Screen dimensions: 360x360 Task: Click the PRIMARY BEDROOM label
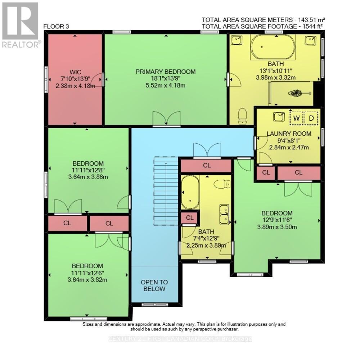165,72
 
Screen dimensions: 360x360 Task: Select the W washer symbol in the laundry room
297,118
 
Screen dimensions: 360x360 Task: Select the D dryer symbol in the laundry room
311,118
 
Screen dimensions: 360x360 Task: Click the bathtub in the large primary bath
273,47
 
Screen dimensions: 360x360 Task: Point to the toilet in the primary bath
243,116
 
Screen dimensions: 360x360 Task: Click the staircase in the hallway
166,191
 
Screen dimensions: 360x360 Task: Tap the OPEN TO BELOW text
154,285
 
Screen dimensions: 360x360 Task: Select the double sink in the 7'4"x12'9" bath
224,214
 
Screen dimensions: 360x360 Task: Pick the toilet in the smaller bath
222,184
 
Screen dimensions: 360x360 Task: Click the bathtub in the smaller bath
190,193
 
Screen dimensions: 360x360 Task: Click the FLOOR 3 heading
56,26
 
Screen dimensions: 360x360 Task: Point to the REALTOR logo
21,25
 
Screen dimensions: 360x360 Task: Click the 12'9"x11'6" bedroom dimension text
277,220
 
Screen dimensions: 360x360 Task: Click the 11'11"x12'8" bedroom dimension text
88,170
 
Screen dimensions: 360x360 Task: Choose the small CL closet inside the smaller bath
189,218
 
